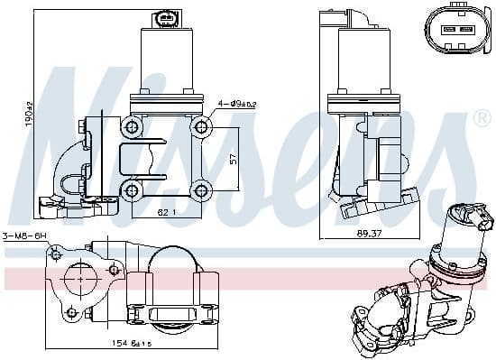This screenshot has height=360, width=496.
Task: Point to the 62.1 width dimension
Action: click(x=166, y=212)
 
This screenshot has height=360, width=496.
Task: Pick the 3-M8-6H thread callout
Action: click(x=24, y=236)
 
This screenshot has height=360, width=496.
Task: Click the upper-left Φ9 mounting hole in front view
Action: click(x=134, y=126)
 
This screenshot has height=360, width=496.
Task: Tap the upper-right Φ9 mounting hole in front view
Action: click(x=201, y=126)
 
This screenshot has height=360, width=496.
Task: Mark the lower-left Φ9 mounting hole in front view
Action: click(x=134, y=190)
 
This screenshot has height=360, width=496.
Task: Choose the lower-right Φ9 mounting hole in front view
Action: click(x=201, y=190)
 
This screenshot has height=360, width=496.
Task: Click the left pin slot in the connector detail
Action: click(x=446, y=29)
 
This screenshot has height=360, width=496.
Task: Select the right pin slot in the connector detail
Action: click(x=466, y=29)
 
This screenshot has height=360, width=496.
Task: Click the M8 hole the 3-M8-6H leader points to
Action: click(x=57, y=255)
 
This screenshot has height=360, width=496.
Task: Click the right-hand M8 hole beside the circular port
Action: click(x=115, y=269)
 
